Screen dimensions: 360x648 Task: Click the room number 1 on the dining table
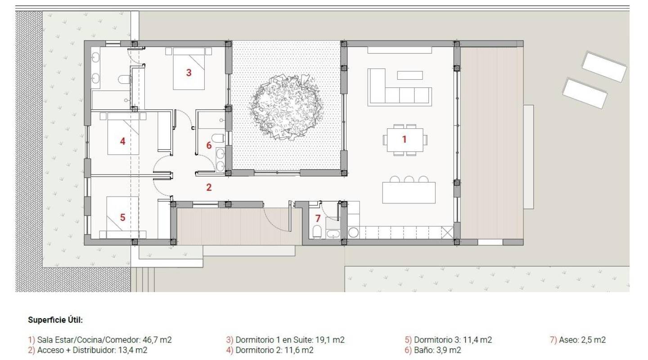click(x=404, y=139)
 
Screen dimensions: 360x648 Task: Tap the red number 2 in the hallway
click(x=209, y=188)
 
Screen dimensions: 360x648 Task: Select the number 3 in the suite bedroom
click(x=189, y=72)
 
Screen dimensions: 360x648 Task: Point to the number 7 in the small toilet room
click(x=318, y=219)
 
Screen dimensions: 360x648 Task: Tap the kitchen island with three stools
click(x=409, y=193)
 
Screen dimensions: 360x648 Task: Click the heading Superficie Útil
click(x=55, y=320)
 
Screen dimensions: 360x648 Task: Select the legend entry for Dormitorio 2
click(x=270, y=350)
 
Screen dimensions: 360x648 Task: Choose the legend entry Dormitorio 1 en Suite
click(x=285, y=340)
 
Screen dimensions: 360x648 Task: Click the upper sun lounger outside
click(x=604, y=66)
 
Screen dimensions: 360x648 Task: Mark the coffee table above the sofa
click(x=409, y=75)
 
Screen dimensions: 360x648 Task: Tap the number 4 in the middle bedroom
click(x=122, y=141)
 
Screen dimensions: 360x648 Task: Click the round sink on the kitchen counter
click(x=353, y=233)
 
